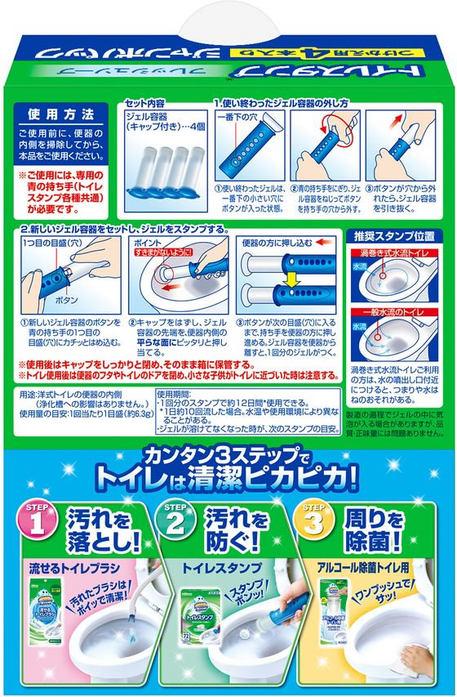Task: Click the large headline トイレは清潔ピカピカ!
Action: point(228,476)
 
